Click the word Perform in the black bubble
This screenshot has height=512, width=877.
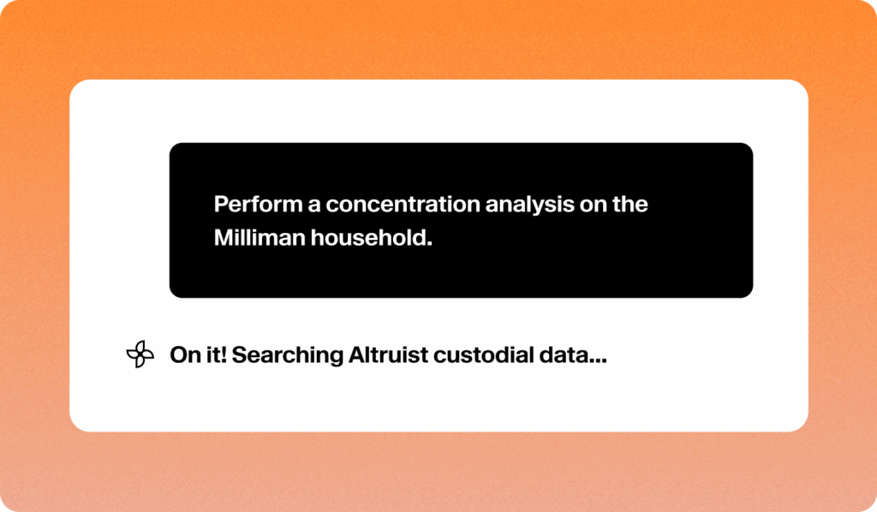(x=258, y=205)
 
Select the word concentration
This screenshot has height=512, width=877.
(x=403, y=205)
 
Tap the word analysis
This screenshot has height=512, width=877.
(x=529, y=205)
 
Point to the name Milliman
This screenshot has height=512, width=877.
(x=260, y=237)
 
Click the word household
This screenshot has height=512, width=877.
(x=369, y=237)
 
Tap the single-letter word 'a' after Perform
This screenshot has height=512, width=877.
(x=313, y=206)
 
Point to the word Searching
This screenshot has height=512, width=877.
(x=288, y=356)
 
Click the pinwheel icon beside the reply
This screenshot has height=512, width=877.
(x=140, y=354)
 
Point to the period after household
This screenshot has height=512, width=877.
(x=430, y=244)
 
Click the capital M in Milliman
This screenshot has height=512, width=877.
(x=224, y=237)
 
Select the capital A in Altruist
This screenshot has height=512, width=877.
(x=358, y=355)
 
